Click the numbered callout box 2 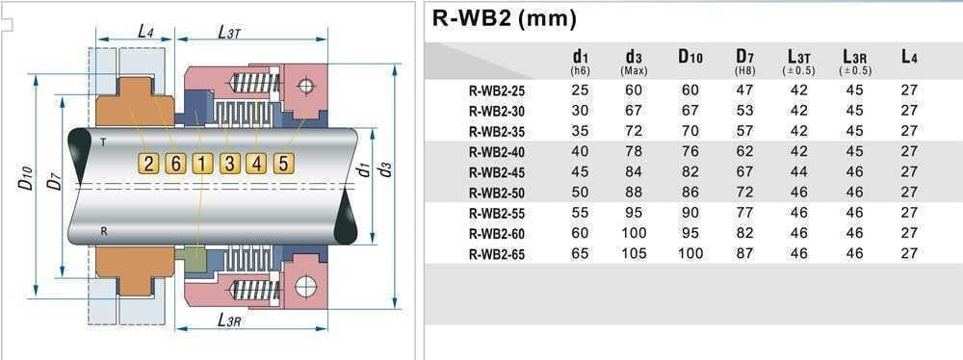point(148,163)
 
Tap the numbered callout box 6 point(174,163)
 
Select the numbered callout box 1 point(201,163)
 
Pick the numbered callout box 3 point(228,163)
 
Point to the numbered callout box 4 point(255,163)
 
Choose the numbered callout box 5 point(282,163)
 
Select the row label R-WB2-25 point(498,90)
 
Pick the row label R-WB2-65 point(498,254)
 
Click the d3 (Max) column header point(635,62)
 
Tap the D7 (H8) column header point(744,62)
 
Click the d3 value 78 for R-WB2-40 point(635,151)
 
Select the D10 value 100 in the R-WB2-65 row point(690,254)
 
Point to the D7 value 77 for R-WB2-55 point(744,213)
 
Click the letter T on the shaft point(102,141)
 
